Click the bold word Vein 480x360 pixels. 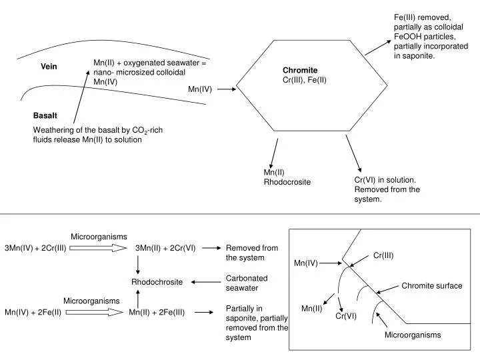pyautogui.click(x=49, y=67)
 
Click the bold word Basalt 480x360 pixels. pyautogui.click(x=46, y=116)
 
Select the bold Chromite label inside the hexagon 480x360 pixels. pyautogui.click(x=300, y=70)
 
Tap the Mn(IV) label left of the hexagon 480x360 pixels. pyautogui.click(x=200, y=89)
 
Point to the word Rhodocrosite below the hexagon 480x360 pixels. pyautogui.click(x=287, y=182)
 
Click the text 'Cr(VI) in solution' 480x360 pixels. pyautogui.click(x=385, y=180)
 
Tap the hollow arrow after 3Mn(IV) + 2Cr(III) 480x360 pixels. pyautogui.click(x=98, y=248)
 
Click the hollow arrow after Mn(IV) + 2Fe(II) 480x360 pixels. pyautogui.click(x=95, y=311)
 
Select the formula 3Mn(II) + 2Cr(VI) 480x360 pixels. pyautogui.click(x=165, y=248)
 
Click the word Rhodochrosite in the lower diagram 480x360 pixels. pyautogui.click(x=157, y=282)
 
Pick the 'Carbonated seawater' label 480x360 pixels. pyautogui.click(x=247, y=283)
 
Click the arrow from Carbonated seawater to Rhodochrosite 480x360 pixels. pyautogui.click(x=206, y=282)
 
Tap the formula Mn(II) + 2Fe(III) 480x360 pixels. pyautogui.click(x=157, y=311)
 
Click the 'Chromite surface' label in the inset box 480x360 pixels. pyautogui.click(x=431, y=286)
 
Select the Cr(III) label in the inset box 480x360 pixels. pyautogui.click(x=383, y=255)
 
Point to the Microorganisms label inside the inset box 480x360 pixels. pyautogui.click(x=412, y=335)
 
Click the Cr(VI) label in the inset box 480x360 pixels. pyautogui.click(x=346, y=316)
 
